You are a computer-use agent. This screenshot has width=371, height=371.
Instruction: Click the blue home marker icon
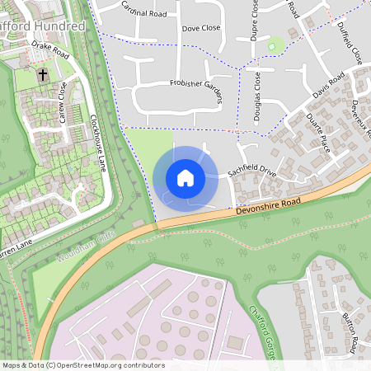point(185,178)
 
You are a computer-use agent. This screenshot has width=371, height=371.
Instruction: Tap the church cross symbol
point(43,75)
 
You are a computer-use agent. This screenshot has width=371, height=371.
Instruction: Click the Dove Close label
point(201,28)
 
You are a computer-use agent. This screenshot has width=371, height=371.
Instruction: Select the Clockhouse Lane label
point(97,143)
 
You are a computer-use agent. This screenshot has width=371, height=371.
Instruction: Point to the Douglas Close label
point(257,97)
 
